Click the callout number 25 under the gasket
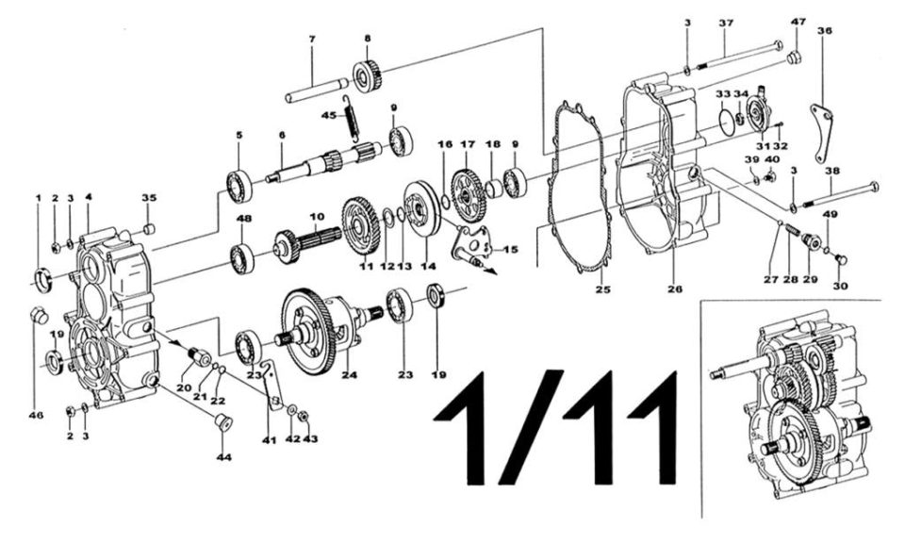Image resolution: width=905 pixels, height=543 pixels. click(x=604, y=289)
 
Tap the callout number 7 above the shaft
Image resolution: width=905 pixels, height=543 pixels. click(x=312, y=40)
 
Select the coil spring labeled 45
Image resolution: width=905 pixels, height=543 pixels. click(x=349, y=118)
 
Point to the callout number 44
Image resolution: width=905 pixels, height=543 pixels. click(x=224, y=457)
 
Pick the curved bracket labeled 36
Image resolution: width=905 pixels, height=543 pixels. click(x=820, y=133)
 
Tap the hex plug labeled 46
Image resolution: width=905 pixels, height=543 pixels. click(x=38, y=315)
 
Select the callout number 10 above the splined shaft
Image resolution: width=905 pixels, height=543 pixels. click(x=317, y=218)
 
